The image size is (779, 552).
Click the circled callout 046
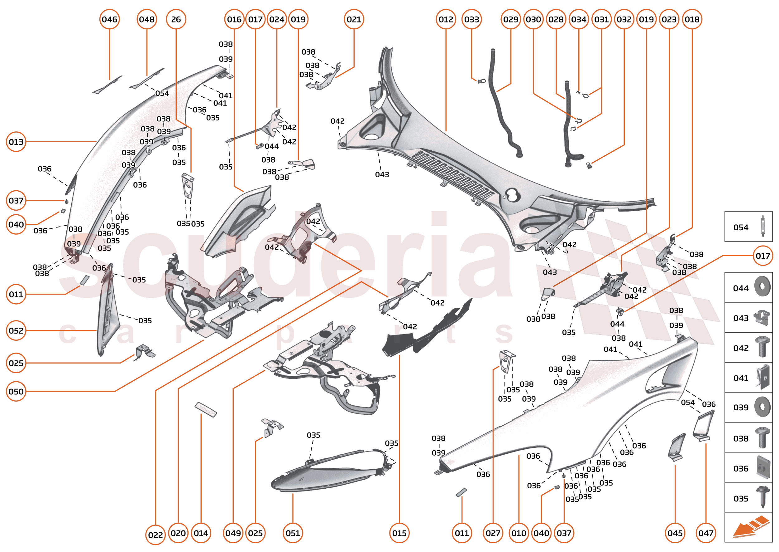click(x=109, y=19)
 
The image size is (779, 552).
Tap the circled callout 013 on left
click(x=16, y=142)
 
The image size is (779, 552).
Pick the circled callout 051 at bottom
click(x=292, y=533)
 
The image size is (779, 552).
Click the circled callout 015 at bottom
click(x=399, y=533)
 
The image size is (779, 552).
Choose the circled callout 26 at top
click(x=176, y=19)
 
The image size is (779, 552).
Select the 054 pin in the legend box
click(x=762, y=226)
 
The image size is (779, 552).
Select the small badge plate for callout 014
click(x=206, y=410)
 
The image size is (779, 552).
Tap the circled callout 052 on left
click(x=16, y=330)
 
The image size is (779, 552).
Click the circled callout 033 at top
click(x=471, y=19)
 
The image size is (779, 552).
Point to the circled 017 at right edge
click(x=762, y=256)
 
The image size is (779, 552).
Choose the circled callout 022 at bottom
click(x=155, y=535)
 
